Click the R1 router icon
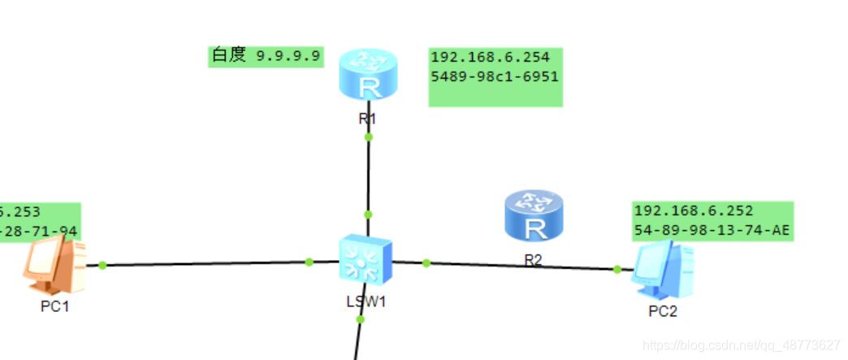tap(368, 74)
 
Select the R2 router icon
tap(534, 215)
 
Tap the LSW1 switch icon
tap(366, 259)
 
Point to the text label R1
tap(367, 118)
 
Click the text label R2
tap(533, 262)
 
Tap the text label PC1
tap(54, 307)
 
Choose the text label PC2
tap(662, 311)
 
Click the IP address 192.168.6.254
tap(490, 58)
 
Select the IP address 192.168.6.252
tap(693, 211)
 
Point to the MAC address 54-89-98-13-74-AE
tap(712, 230)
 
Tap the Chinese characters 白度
tap(229, 55)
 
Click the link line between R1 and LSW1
tap(368, 175)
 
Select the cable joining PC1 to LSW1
tap(203, 263)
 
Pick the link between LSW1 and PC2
tap(520, 266)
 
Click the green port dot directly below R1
tap(368, 137)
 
